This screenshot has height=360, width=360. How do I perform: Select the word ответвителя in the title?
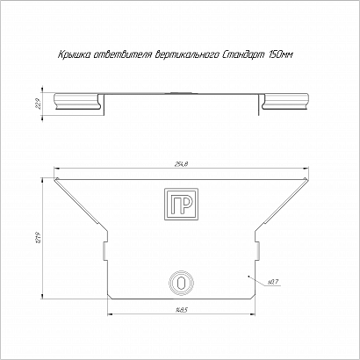click(122, 54)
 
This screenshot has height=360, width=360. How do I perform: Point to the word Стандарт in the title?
click(243, 54)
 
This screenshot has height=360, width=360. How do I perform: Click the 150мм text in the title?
click(280, 54)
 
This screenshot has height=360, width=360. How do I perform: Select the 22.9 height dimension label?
click(38, 104)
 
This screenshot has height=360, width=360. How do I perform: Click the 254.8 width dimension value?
click(182, 164)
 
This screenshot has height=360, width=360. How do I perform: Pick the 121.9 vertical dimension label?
click(39, 238)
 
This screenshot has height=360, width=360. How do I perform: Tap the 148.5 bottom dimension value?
click(182, 310)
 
